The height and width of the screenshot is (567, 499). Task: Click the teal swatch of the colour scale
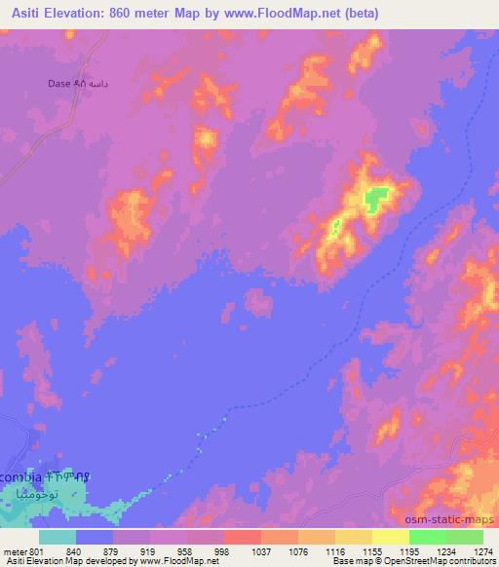[x=58, y=536]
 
